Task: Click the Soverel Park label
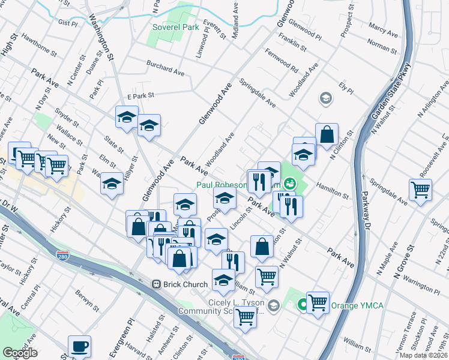pyautogui.click(x=175, y=28)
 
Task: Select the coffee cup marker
pyautogui.click(x=79, y=346)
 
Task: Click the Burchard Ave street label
pyautogui.click(x=166, y=67)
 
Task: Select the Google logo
pyautogui.click(x=20, y=353)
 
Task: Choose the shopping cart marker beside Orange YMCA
pyautogui.click(x=318, y=302)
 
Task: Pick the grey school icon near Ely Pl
pyautogui.click(x=325, y=98)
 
